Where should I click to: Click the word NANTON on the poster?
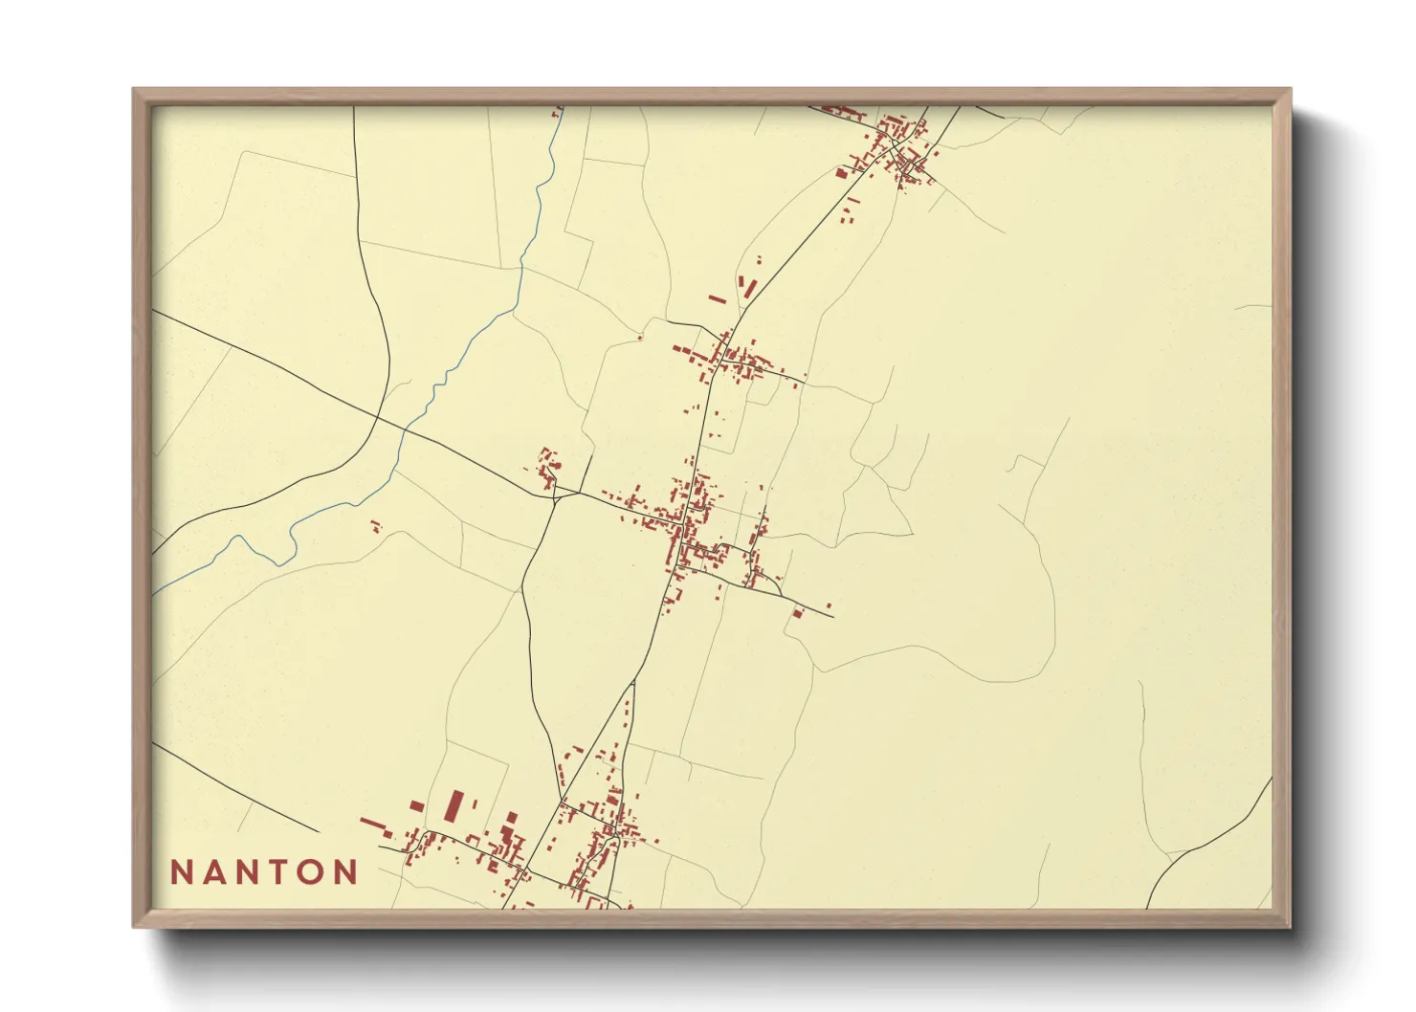tap(264, 872)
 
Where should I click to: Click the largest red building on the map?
tap(455, 805)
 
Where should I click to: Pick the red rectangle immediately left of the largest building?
tap(416, 807)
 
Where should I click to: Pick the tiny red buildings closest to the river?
tap(376, 525)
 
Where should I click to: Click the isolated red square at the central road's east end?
tap(797, 612)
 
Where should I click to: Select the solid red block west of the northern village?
tap(841, 173)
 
